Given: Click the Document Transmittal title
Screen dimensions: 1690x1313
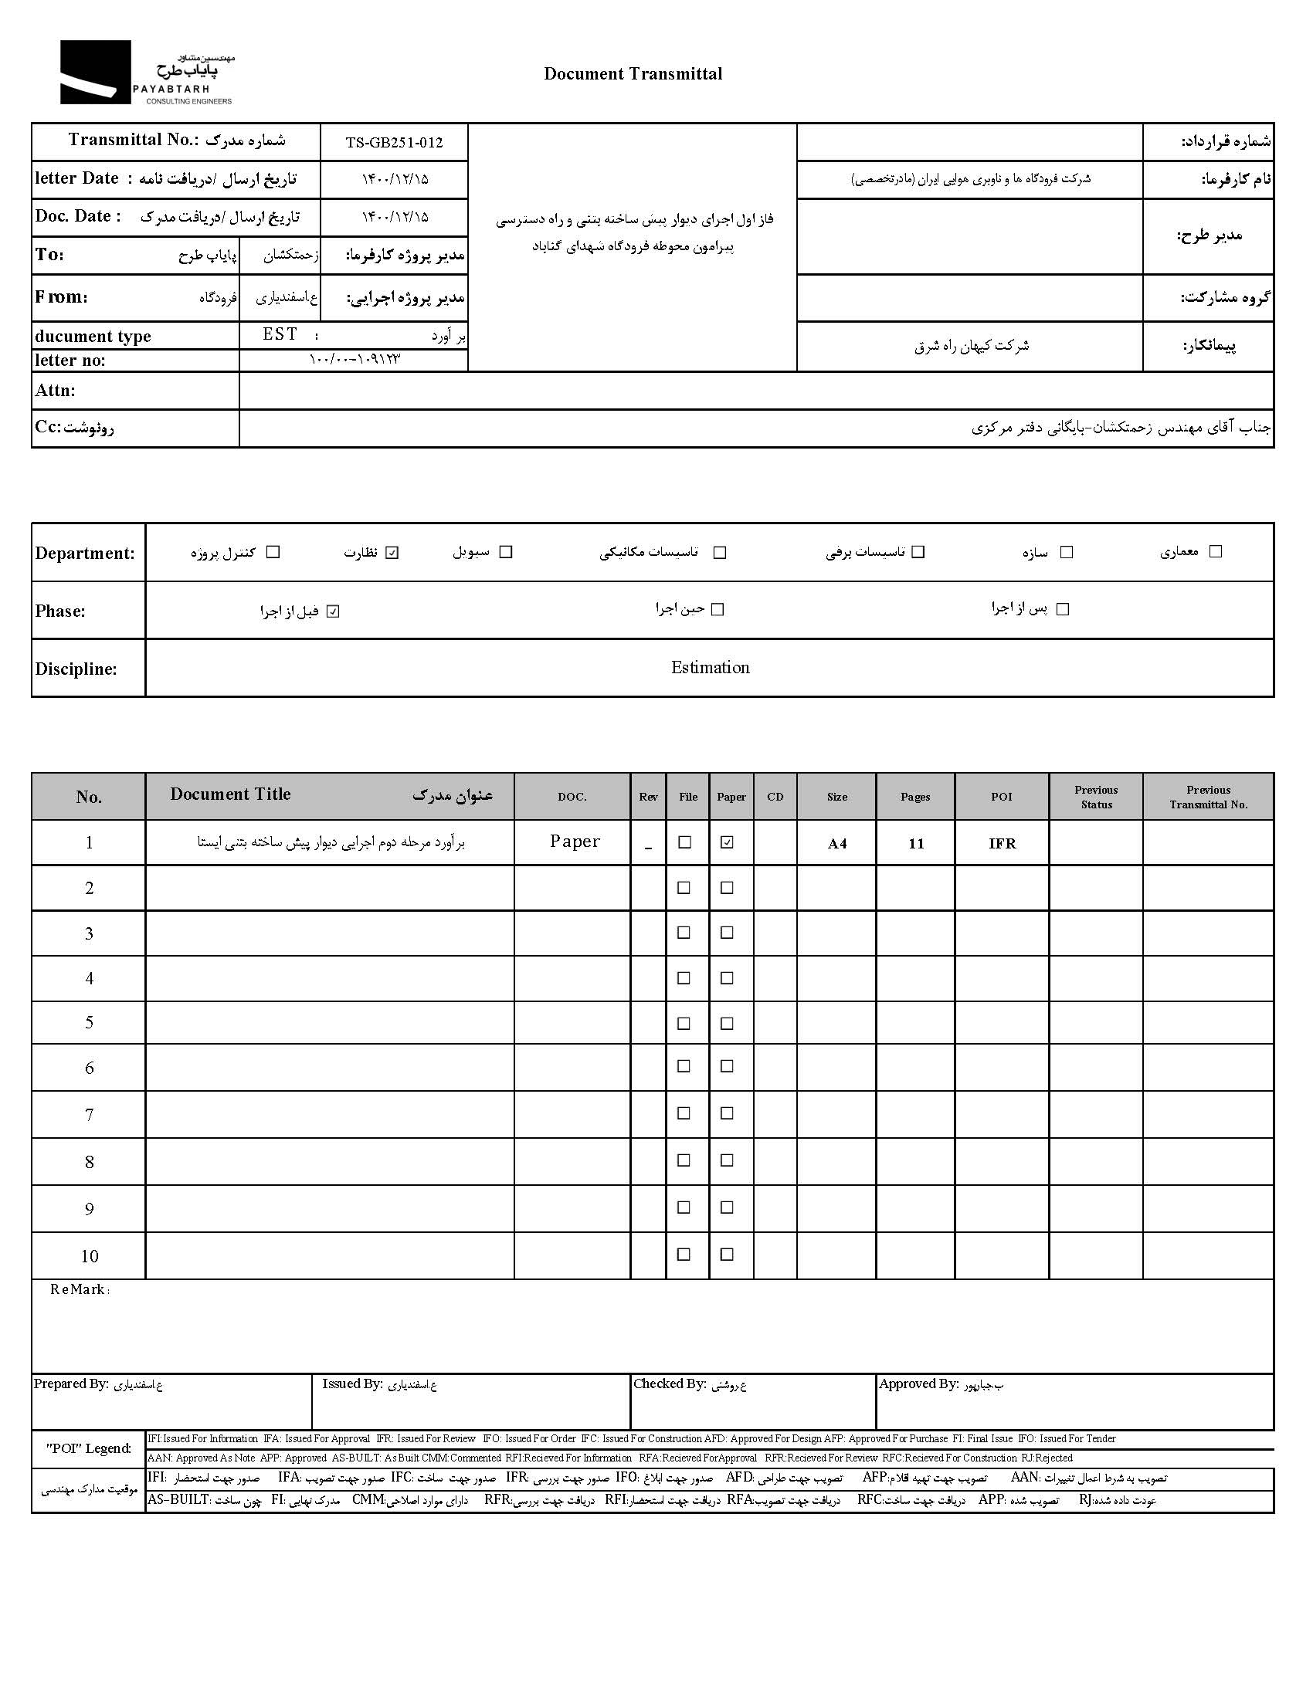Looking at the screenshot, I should coord(633,74).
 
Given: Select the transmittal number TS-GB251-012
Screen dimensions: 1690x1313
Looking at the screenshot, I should coord(394,142).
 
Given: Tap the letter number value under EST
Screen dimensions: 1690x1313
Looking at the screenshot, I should coord(355,360).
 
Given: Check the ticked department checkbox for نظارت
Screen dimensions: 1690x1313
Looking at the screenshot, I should coord(392,553).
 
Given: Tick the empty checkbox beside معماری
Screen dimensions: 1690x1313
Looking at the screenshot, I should coord(1216,552).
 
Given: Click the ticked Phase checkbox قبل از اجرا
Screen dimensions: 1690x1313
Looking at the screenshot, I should coord(333,611).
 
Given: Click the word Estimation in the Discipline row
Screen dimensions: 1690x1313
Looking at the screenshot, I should coord(710,668).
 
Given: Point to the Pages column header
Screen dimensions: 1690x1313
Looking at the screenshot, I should coord(915,797).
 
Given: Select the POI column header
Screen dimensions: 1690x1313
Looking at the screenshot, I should coord(1001,797).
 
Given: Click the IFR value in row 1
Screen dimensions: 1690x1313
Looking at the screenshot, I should coord(1002,843).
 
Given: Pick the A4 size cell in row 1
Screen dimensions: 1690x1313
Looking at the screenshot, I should coord(837,843).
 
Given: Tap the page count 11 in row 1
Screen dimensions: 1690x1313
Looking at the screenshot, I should coord(916,843).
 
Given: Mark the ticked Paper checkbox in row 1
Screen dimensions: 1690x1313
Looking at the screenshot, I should coord(727,842).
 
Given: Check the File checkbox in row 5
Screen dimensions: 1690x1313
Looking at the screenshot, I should coord(684,1024).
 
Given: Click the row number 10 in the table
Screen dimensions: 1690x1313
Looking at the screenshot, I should coord(89,1257).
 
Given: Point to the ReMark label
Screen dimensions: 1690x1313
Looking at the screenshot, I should coord(80,1289).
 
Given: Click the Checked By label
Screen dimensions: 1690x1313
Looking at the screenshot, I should coord(670,1384).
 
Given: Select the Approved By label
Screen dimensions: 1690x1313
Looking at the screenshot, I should coord(918,1384).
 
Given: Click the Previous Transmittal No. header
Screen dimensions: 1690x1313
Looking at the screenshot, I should coord(1208,797).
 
